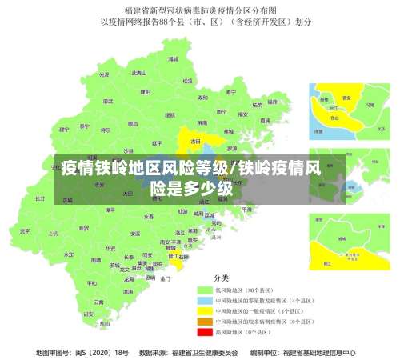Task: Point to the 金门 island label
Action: point(166,279)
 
